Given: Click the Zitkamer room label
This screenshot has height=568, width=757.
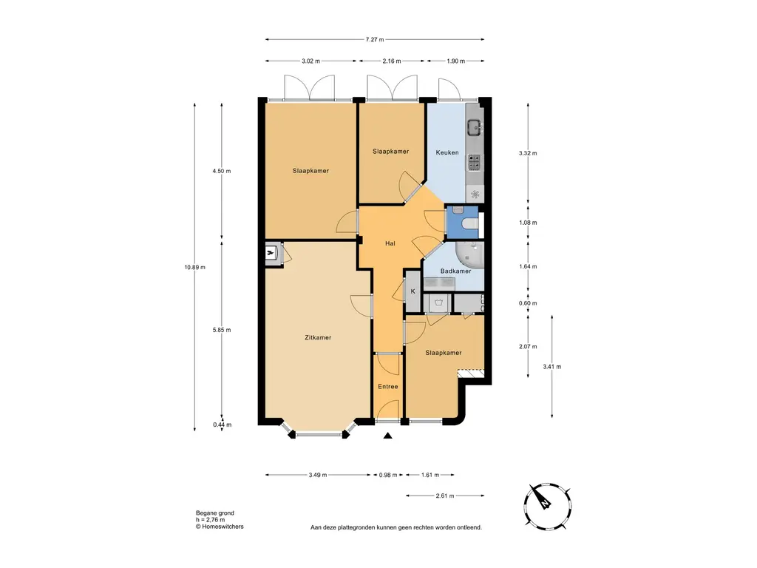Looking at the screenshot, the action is click(x=318, y=337).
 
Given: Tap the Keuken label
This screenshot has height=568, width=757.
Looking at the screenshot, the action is click(x=447, y=152).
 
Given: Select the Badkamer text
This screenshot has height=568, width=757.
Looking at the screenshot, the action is click(x=455, y=271).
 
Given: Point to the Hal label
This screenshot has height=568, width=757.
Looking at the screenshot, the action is click(x=390, y=243).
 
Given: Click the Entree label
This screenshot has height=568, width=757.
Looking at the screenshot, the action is click(x=387, y=386).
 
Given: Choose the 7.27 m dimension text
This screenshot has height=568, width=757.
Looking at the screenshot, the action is click(x=375, y=40).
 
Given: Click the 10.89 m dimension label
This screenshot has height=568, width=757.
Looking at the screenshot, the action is click(x=194, y=267).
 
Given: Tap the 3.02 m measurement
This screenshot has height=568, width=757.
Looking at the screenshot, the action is click(x=311, y=61).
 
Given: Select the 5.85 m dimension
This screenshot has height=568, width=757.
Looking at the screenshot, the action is click(x=222, y=331).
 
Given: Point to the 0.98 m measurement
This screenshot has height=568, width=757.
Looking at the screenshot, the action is click(x=387, y=476).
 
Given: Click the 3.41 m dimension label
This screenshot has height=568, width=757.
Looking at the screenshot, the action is click(x=551, y=367).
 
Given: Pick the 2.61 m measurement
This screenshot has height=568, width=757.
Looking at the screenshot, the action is click(x=444, y=496).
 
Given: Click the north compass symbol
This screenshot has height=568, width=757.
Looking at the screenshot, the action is click(x=548, y=506).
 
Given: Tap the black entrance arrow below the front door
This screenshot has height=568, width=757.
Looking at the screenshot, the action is click(x=387, y=436).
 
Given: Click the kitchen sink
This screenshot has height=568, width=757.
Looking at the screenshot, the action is click(x=474, y=129).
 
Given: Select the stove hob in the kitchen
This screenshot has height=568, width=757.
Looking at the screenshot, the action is click(x=474, y=162).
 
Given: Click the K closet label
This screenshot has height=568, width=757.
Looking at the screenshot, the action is click(x=413, y=291).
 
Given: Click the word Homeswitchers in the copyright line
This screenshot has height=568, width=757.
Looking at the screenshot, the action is click(x=223, y=527).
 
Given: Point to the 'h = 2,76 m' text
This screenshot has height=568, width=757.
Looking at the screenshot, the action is click(x=210, y=520).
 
